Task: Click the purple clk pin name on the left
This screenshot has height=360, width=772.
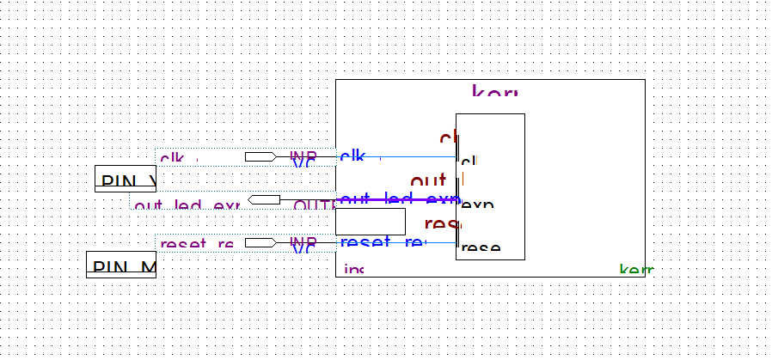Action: pos(172,159)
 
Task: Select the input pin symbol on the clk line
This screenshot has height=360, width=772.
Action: pos(260,157)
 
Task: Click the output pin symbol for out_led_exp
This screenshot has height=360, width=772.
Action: pos(265,200)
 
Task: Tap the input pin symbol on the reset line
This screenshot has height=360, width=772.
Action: pos(260,243)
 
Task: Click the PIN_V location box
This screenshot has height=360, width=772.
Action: pos(126,179)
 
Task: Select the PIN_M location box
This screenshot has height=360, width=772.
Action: pos(121,265)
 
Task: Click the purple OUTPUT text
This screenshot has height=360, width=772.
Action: pos(315,206)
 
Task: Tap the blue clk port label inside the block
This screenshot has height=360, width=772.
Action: pos(352,156)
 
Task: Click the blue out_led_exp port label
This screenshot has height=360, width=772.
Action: pos(395,199)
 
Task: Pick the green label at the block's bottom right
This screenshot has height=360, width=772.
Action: pos(636,271)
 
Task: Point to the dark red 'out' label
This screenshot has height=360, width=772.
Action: pos(427,181)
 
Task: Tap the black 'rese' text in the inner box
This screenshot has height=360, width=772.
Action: pos(481,248)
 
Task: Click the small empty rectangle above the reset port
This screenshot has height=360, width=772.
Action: pos(370,222)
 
